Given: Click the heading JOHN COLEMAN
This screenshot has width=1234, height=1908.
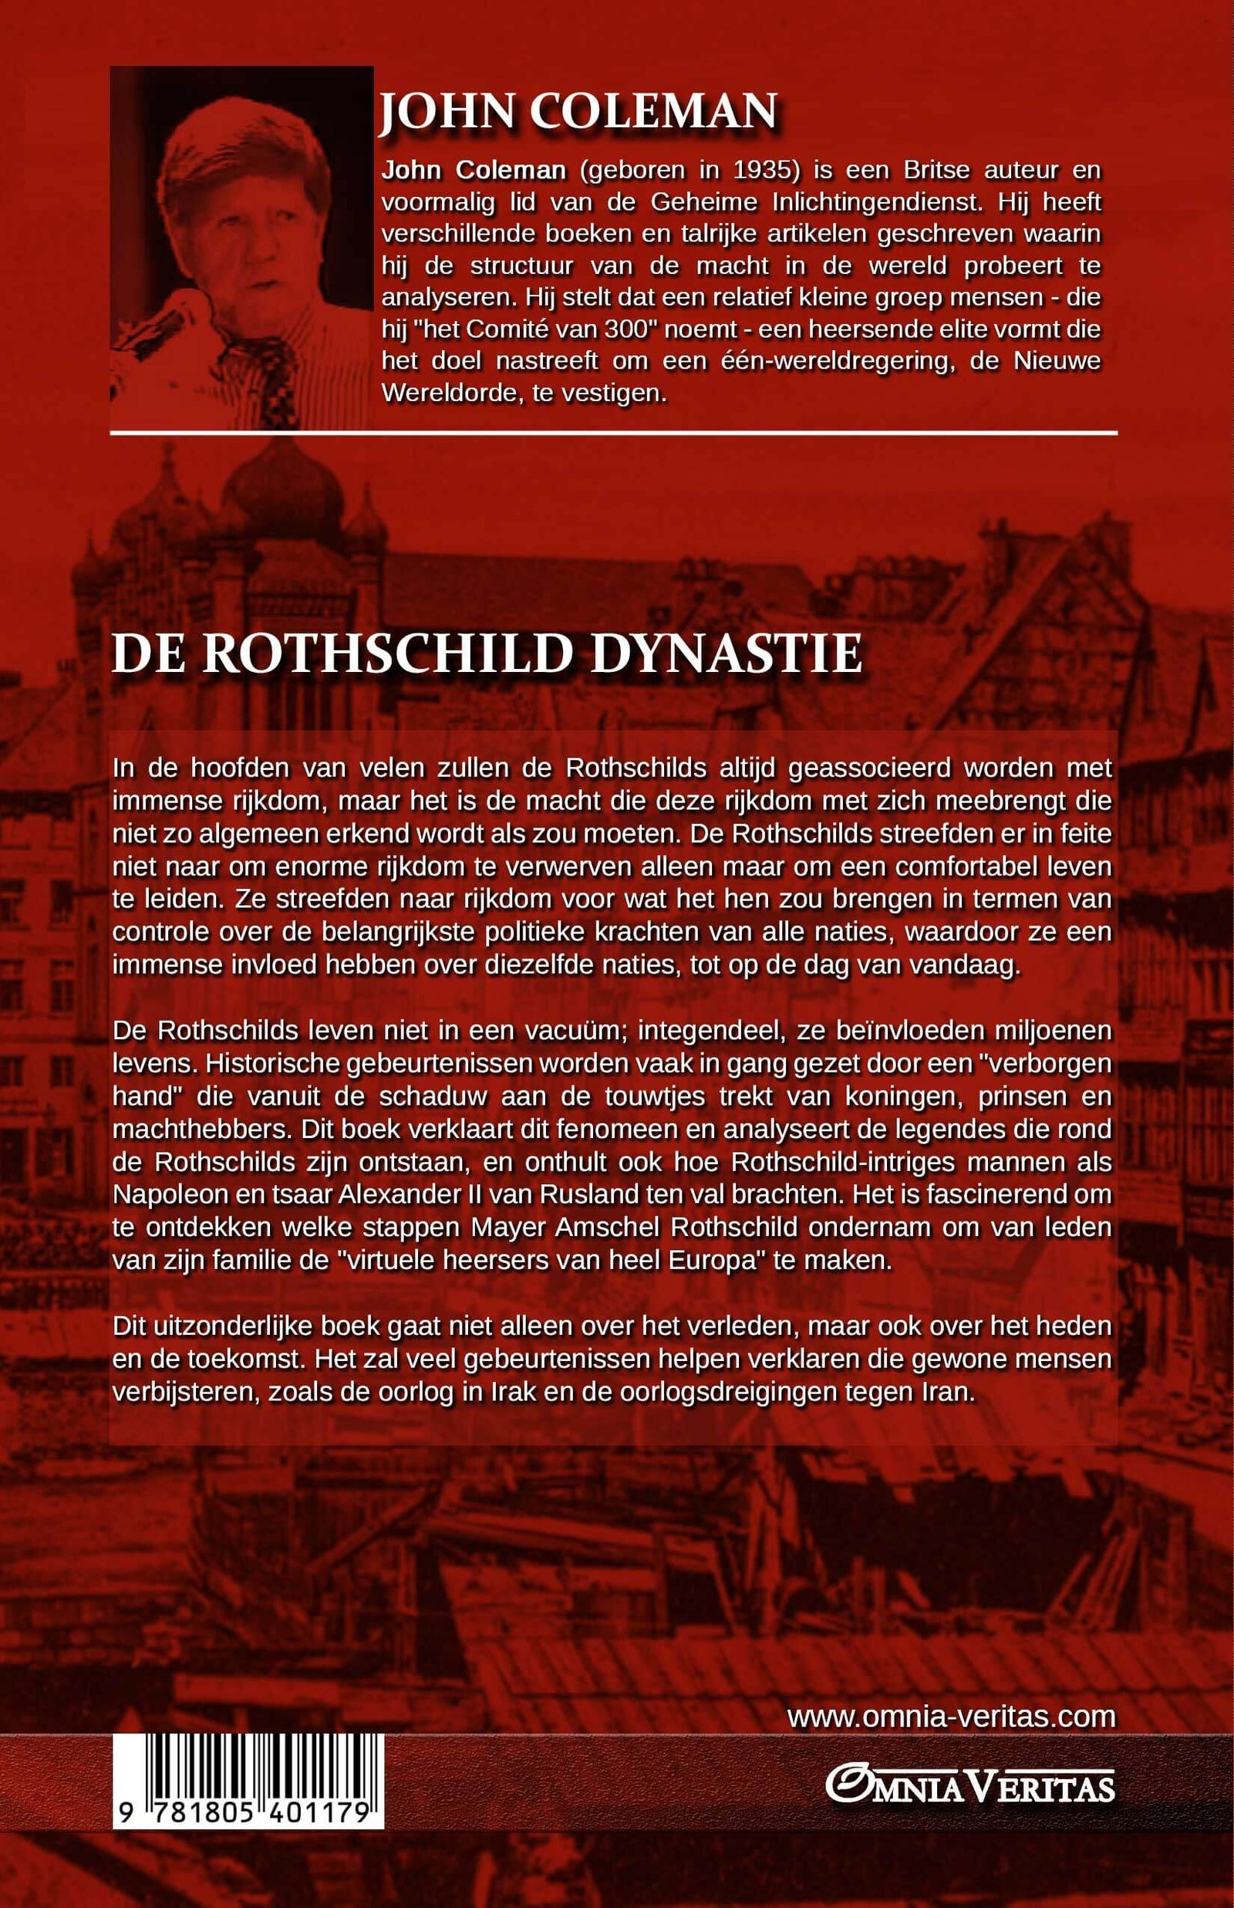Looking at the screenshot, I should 578,111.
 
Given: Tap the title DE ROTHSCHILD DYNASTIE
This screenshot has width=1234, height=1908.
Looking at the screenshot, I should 487,655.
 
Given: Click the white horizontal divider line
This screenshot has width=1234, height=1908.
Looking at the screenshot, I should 613,433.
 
